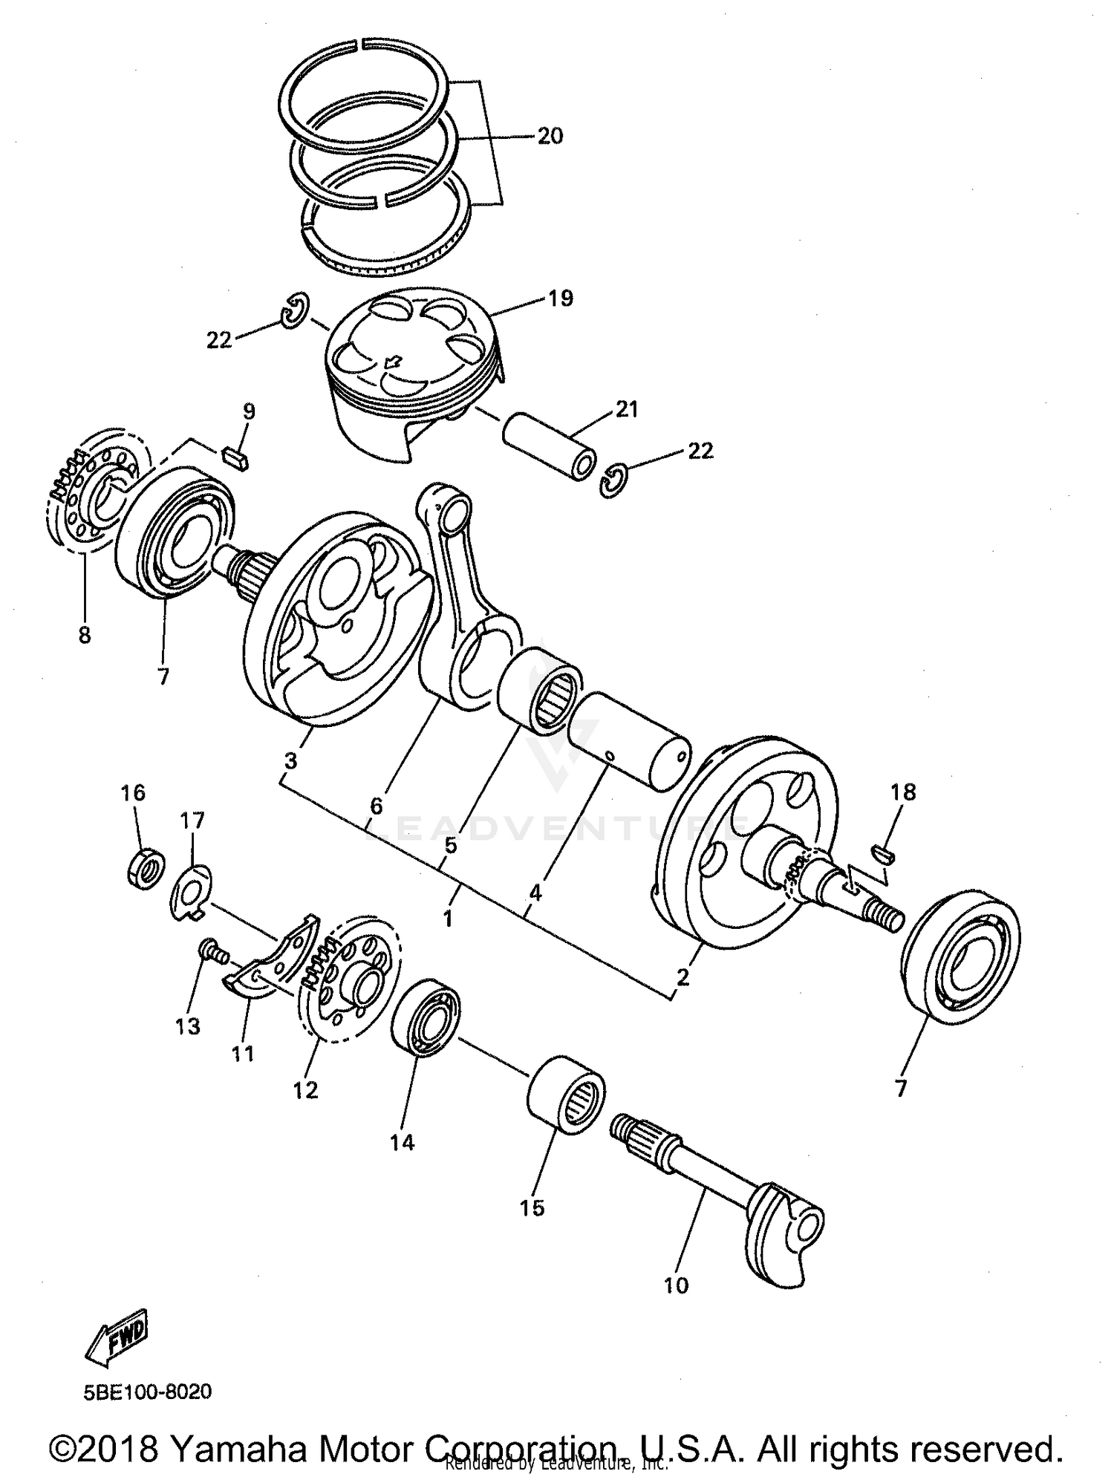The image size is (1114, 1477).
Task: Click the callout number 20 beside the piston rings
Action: click(x=550, y=136)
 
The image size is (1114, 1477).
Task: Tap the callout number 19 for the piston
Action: click(x=561, y=299)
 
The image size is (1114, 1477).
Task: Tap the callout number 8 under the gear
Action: click(x=85, y=635)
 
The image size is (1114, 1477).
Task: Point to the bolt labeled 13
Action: click(x=211, y=952)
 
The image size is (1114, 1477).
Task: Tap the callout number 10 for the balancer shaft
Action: click(x=676, y=1285)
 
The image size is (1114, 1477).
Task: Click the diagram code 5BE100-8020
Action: click(x=147, y=1391)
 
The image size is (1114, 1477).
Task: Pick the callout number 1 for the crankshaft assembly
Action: click(x=447, y=919)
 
